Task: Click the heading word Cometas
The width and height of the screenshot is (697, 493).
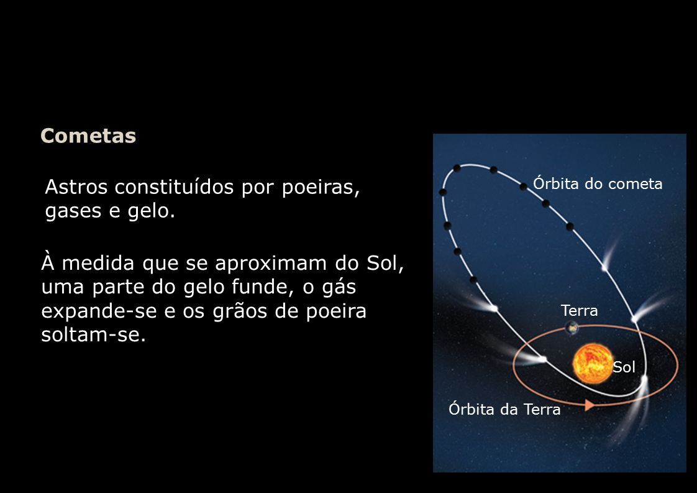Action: point(88,136)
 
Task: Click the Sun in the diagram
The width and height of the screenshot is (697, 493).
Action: point(593,364)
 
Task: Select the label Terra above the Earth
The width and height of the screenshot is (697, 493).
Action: point(579,311)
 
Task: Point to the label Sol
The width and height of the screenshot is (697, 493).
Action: point(624,367)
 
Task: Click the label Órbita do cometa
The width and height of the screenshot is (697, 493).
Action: point(598,183)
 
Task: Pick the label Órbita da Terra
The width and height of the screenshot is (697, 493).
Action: point(504,409)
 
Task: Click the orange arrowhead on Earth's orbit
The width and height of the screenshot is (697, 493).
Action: point(590,405)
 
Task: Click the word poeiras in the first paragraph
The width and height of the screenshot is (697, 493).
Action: point(321,188)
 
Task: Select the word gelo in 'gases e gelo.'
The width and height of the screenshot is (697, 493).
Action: point(151,211)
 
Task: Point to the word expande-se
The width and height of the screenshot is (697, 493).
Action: point(99,311)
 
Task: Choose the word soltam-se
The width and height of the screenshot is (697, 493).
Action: point(93,334)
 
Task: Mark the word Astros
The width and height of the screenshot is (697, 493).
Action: point(76,187)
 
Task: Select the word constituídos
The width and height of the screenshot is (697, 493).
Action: point(174,187)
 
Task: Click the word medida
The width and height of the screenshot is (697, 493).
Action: point(98,264)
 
